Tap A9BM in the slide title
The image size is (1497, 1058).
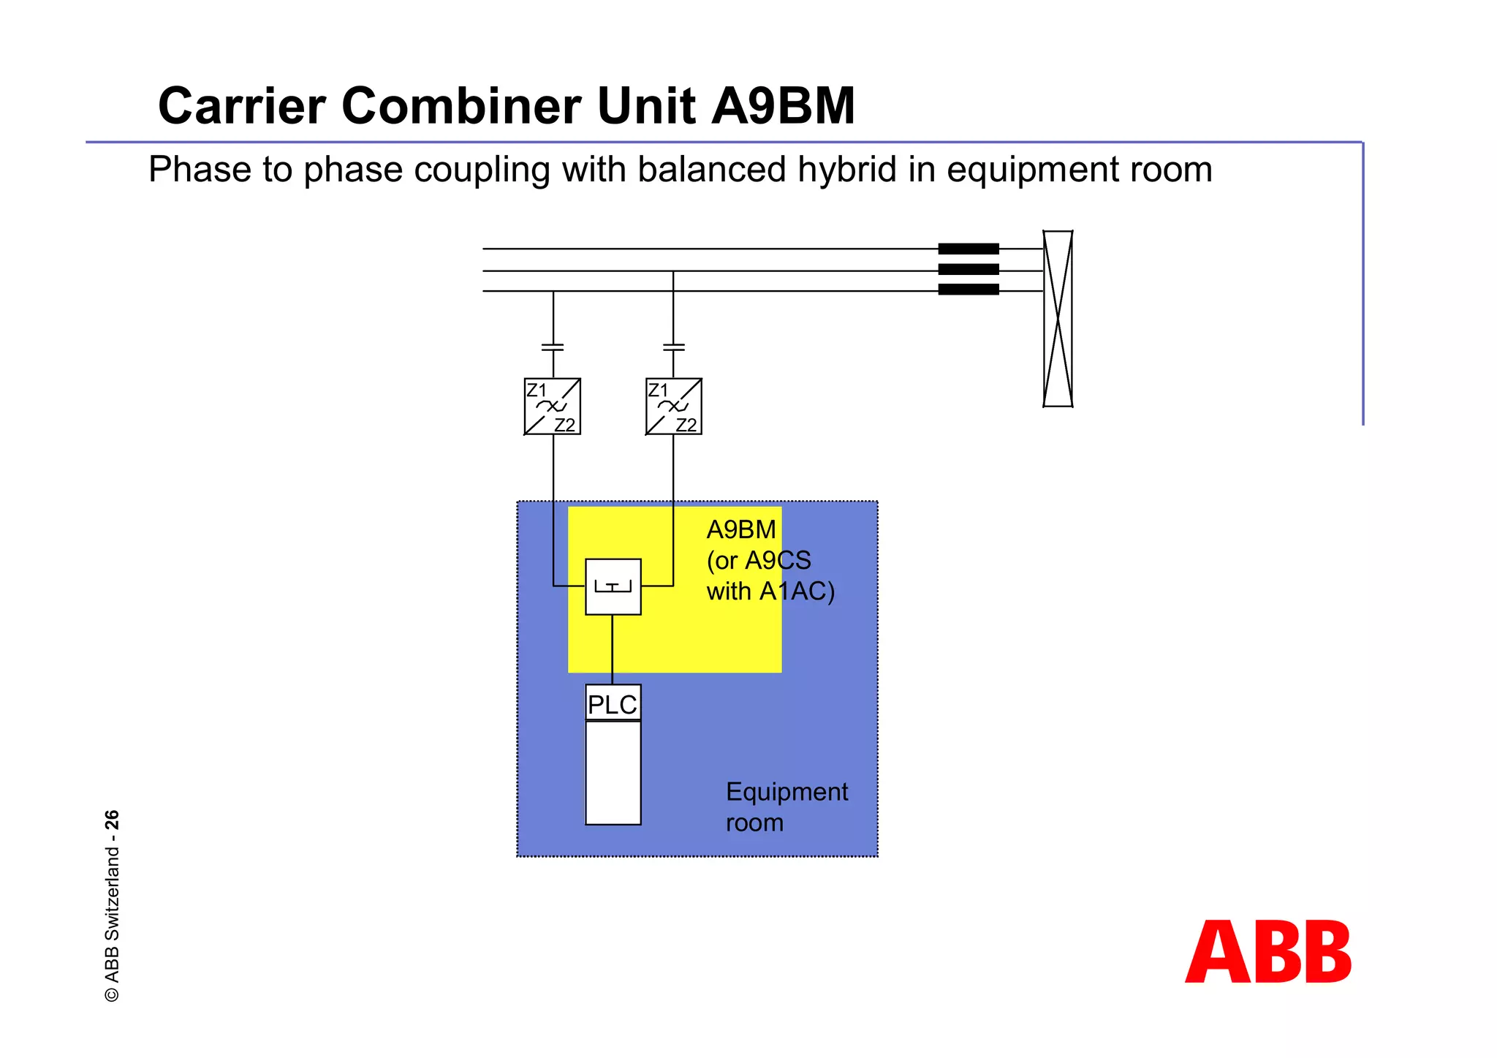[x=783, y=106]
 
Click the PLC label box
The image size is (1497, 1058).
[x=613, y=703]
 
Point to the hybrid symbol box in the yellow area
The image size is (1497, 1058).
[x=613, y=586]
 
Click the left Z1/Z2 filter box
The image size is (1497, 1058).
[x=553, y=407]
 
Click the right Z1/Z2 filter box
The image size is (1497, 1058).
[x=674, y=407]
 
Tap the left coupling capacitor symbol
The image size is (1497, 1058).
[x=553, y=347]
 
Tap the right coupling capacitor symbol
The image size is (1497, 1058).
[x=674, y=347]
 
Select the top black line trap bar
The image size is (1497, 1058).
[x=969, y=249]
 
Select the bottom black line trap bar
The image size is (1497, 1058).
[x=969, y=290]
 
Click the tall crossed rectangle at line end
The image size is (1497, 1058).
[x=1058, y=319]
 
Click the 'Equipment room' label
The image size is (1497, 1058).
[x=786, y=806]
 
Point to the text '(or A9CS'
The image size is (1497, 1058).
[x=759, y=560]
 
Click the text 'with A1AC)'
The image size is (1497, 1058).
[x=770, y=591]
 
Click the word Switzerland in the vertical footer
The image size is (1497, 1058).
[x=112, y=893]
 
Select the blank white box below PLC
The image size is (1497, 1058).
[x=613, y=773]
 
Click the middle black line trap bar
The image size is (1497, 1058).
[x=969, y=269]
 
